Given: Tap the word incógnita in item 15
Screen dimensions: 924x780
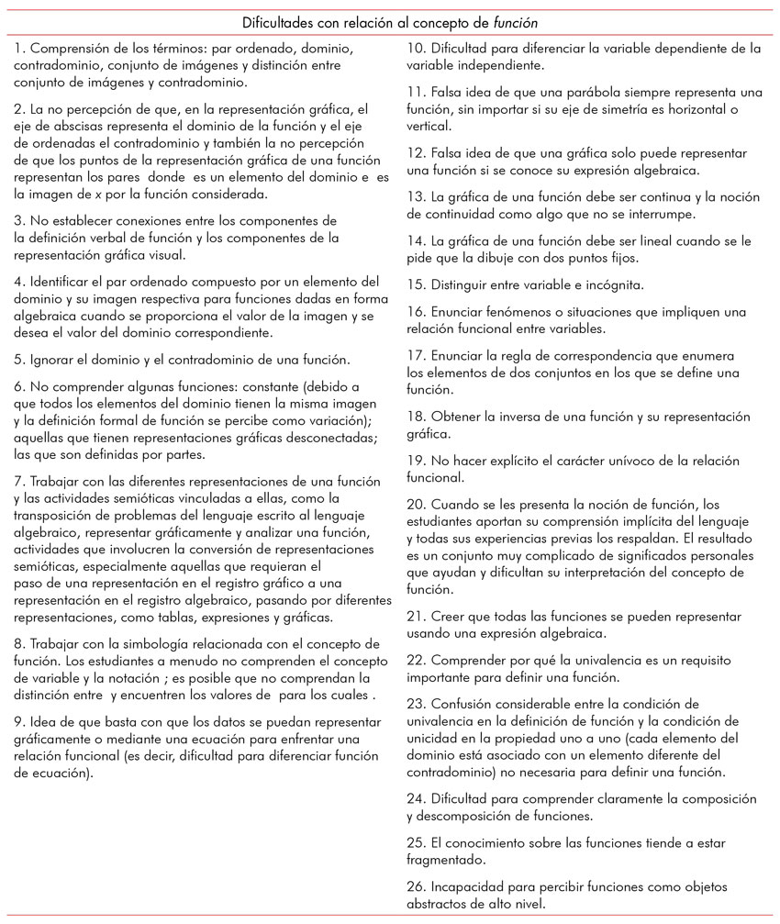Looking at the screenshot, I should (x=615, y=284).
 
